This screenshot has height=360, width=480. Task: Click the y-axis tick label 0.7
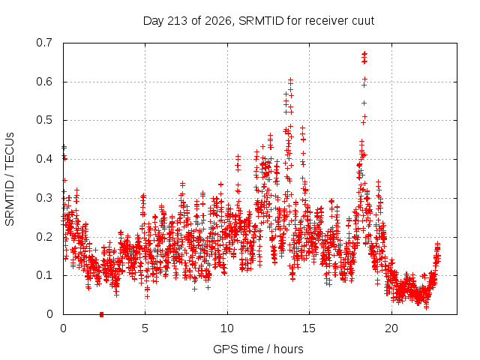pyautogui.click(x=44, y=43)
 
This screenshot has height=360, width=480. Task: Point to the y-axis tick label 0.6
pyautogui.click(x=44, y=82)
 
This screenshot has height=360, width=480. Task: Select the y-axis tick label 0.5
pyautogui.click(x=44, y=120)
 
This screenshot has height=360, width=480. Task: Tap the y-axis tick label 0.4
pyautogui.click(x=44, y=159)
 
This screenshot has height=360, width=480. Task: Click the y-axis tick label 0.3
pyautogui.click(x=44, y=198)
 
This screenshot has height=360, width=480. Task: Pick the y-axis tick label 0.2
pyautogui.click(x=44, y=237)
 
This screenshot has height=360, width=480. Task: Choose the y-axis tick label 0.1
pyautogui.click(x=44, y=275)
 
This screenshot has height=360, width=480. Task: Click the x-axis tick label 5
pyautogui.click(x=145, y=328)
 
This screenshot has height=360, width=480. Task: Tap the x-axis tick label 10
pyautogui.click(x=226, y=328)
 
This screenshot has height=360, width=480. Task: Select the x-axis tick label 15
pyautogui.click(x=309, y=328)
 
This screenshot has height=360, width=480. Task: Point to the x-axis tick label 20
pyautogui.click(x=391, y=328)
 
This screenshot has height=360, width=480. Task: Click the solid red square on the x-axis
pyautogui.click(x=102, y=314)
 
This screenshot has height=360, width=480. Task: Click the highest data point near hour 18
pyautogui.click(x=364, y=54)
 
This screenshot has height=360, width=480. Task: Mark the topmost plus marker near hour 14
pyautogui.click(x=290, y=80)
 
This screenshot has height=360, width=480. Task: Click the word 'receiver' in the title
pyautogui.click(x=325, y=21)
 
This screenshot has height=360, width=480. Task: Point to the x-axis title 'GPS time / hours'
pyautogui.click(x=258, y=349)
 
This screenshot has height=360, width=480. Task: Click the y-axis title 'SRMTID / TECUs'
pyautogui.click(x=10, y=179)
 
